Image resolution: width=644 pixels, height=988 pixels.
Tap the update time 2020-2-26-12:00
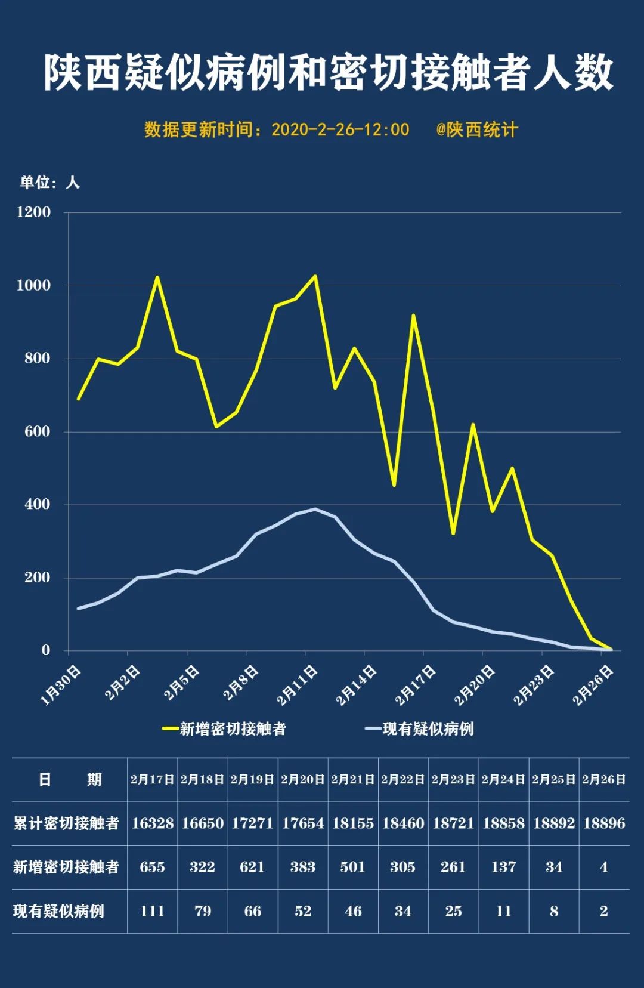340,129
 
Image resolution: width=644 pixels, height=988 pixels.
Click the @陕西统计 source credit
477,129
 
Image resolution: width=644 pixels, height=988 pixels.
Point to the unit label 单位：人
49,183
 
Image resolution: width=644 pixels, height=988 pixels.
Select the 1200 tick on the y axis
34,212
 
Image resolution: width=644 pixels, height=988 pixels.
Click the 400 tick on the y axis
38,504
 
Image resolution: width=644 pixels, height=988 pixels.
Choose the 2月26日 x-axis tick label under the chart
594,685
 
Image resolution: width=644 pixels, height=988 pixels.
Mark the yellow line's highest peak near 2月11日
315,276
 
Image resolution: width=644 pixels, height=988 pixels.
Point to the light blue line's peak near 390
315,509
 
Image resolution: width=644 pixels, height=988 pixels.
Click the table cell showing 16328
153,823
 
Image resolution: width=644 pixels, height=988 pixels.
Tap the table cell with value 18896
604,823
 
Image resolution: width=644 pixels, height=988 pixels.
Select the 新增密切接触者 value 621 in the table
252,867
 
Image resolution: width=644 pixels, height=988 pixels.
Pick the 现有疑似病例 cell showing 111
153,911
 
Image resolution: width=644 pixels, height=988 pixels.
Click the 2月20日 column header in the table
303,779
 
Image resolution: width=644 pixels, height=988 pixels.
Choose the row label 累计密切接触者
66,823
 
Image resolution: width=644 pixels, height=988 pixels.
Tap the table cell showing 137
504,867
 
